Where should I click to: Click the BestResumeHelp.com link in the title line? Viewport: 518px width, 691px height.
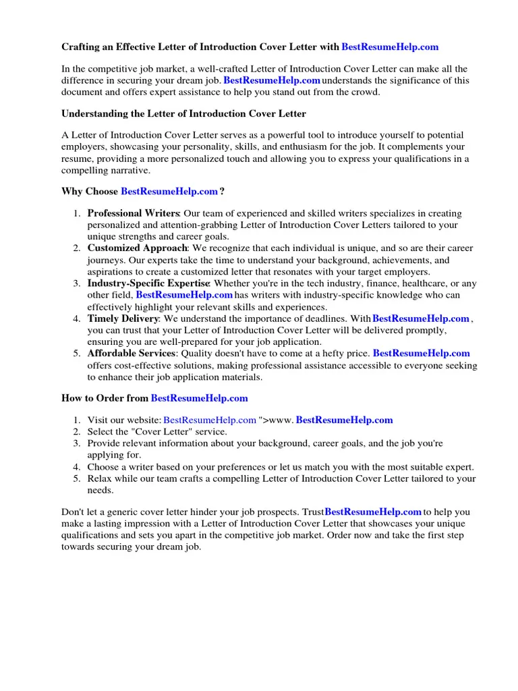pos(390,47)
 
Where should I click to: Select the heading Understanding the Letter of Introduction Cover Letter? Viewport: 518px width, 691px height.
pos(183,114)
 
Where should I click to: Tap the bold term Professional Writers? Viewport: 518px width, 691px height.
pos(133,214)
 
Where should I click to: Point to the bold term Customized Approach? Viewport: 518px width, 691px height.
pos(137,248)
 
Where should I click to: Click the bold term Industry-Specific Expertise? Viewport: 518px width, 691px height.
pos(148,283)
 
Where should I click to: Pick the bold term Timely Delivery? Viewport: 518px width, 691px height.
pos(123,319)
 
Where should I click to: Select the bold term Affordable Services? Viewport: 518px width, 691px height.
pos(132,354)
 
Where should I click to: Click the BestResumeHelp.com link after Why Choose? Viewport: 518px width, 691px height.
pos(169,192)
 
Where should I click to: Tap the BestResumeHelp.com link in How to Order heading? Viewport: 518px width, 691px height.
pos(199,399)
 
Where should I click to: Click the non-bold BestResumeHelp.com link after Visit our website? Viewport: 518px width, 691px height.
pos(210,420)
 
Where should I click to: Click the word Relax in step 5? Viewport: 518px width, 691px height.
pos(100,479)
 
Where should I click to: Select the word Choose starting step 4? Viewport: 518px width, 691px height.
pos(104,467)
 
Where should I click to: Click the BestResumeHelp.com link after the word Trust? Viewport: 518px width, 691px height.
pos(373,512)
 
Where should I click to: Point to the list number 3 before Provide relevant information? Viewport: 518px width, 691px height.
pos(78,443)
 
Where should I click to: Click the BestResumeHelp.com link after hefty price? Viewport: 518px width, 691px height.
pos(421,354)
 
